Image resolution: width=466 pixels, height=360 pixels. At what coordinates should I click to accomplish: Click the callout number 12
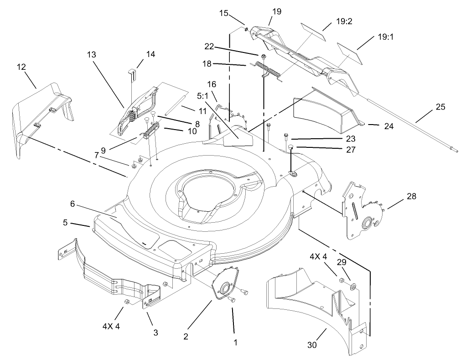21,67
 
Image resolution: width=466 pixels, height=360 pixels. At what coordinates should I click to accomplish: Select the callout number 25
440,107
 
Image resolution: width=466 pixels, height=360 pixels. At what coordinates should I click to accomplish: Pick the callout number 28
411,196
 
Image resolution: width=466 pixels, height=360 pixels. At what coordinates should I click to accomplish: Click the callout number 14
150,54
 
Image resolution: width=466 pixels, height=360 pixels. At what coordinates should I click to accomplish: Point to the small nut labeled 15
246,30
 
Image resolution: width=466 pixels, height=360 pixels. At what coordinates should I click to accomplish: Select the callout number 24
388,127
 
